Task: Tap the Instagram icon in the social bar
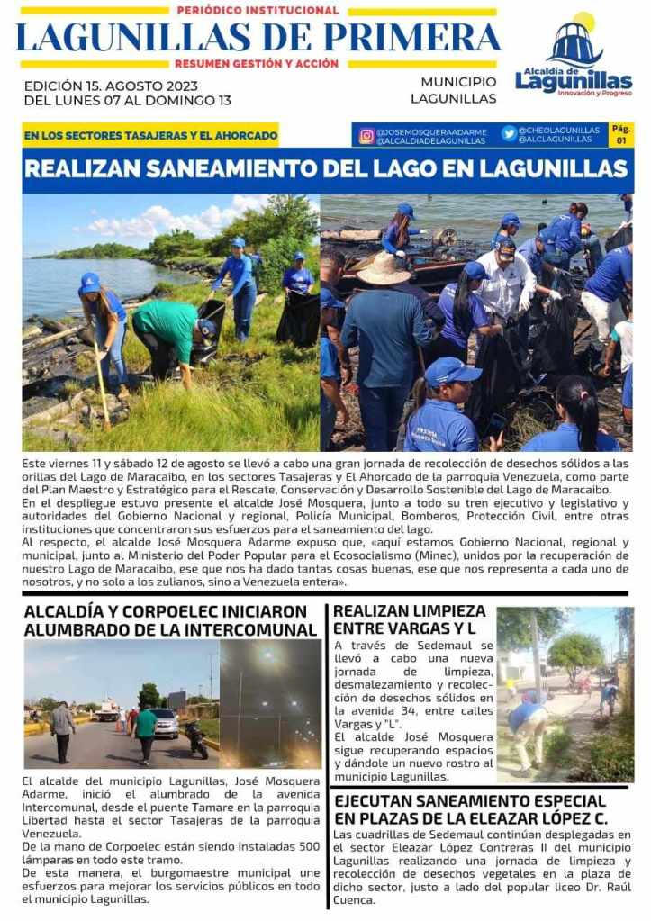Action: click(x=366, y=135)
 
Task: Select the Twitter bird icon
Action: click(x=509, y=133)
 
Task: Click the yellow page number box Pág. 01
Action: click(x=621, y=134)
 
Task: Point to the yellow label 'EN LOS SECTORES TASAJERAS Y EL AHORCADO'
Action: click(x=150, y=136)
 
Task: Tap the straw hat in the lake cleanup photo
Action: click(x=385, y=267)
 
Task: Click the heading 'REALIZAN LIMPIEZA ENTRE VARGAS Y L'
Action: click(x=410, y=619)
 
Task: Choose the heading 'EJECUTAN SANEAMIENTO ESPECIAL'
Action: click(x=469, y=800)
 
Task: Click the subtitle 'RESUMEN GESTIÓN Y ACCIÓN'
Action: click(x=258, y=64)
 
